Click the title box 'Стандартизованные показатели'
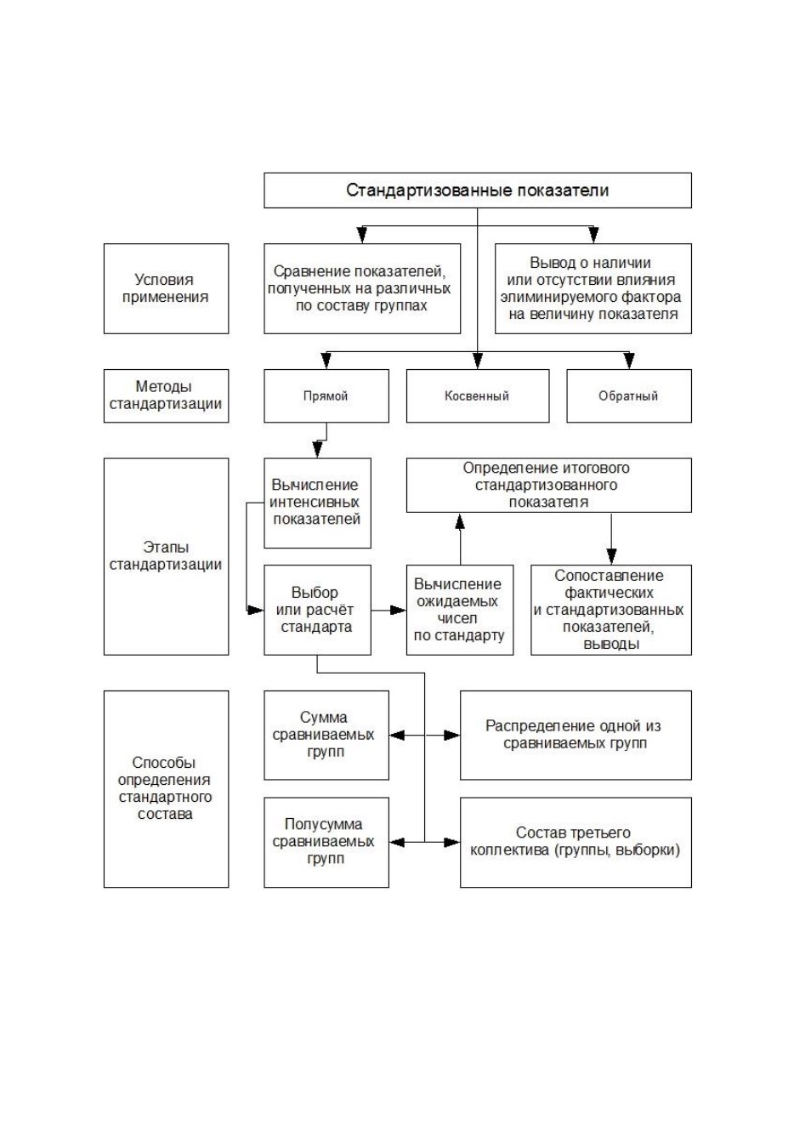click(x=478, y=190)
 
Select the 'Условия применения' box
click(x=166, y=288)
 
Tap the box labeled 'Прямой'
click(x=326, y=395)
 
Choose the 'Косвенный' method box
click(x=478, y=395)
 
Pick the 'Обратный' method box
click(x=629, y=395)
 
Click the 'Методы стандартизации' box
click(x=166, y=395)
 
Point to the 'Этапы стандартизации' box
click(x=166, y=556)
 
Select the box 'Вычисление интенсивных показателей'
click(x=317, y=503)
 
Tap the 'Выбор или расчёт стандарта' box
click(x=317, y=610)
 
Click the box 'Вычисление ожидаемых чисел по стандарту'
click(x=460, y=610)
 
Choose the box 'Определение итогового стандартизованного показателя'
click(x=548, y=485)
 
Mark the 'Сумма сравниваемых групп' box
click(x=326, y=735)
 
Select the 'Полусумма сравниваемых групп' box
click(x=326, y=842)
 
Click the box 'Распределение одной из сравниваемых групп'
click(x=576, y=735)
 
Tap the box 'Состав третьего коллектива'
click(x=576, y=842)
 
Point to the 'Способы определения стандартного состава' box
click(x=166, y=789)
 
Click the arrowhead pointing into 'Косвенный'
click(x=478, y=361)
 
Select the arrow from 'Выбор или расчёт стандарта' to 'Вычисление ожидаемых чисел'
click(x=388, y=610)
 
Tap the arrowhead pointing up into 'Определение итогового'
click(x=460, y=520)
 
